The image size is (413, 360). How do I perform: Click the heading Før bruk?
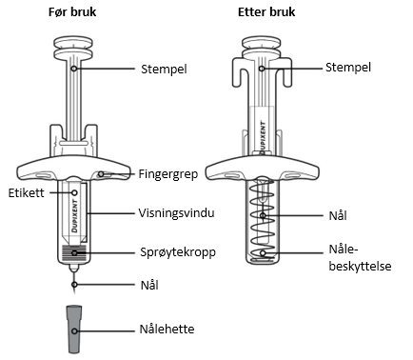point(72,12)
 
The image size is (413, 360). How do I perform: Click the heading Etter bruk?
point(266,12)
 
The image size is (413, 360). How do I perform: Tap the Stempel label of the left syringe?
point(164,69)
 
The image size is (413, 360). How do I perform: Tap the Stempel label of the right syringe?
point(348,68)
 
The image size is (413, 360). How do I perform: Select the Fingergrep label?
point(168,174)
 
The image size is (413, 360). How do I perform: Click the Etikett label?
point(27,192)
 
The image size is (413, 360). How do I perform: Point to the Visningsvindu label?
point(176,212)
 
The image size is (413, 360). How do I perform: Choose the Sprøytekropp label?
point(178,252)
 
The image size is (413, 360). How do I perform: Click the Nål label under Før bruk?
point(149,285)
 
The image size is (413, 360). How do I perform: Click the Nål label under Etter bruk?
point(338,215)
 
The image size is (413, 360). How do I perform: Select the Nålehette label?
point(167,329)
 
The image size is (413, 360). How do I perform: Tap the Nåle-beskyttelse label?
point(360,257)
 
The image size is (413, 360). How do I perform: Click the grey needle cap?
point(74,330)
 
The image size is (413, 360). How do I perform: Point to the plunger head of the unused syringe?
point(73,47)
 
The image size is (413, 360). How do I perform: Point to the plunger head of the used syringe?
point(262,46)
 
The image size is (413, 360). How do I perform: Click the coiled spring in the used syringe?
point(263,219)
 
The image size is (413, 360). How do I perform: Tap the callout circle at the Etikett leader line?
point(75,192)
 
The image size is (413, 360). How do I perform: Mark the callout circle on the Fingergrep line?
point(101,174)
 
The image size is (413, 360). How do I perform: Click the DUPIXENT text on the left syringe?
point(75,216)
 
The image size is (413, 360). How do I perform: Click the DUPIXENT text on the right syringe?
point(263,137)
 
